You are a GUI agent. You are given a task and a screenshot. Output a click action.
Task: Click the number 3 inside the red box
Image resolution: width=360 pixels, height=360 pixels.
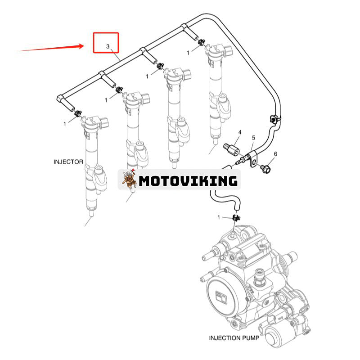point(108,46)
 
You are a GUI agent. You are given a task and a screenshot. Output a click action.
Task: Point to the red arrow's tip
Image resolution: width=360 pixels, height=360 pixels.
point(83,45)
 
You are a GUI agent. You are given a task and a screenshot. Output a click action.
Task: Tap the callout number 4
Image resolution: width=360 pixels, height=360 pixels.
point(240,132)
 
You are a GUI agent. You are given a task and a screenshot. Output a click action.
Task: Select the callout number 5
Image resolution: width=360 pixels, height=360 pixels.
point(253,137)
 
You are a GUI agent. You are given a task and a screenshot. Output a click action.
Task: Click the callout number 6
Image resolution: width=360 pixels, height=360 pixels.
point(275,154)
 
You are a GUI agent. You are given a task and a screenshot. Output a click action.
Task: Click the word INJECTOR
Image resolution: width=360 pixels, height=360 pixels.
point(68,162)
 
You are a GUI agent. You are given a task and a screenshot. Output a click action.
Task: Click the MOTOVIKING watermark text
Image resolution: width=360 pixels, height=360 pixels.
point(188,181)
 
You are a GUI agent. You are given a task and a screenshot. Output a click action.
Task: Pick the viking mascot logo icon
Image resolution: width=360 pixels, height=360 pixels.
point(129,180)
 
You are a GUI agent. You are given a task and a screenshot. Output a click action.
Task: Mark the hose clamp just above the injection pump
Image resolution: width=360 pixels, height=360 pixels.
point(235,218)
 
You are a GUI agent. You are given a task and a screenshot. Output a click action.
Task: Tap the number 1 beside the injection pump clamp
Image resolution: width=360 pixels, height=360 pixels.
point(219,217)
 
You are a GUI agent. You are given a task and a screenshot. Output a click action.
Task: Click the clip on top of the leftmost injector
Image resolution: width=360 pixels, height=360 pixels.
point(78,112)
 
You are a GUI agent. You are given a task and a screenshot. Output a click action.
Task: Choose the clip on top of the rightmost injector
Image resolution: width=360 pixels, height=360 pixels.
point(201,42)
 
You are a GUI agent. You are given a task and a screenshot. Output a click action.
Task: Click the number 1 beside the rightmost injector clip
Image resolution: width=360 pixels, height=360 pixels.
point(188,53)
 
